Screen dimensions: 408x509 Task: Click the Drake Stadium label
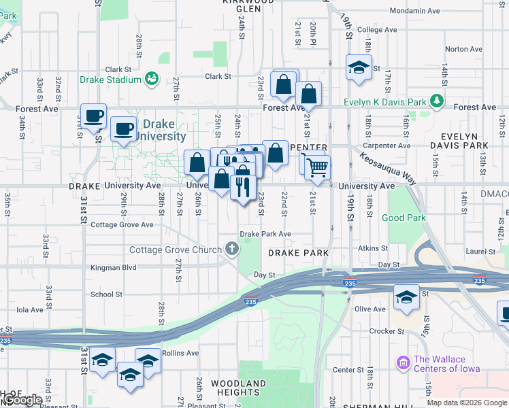coord(110,80)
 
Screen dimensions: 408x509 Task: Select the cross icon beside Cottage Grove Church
coord(232,250)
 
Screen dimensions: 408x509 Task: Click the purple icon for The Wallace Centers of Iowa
coord(402,360)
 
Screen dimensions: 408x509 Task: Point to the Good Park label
coord(404,218)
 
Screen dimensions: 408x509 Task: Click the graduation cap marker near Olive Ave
coord(406,297)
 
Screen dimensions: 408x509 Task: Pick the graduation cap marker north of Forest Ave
coord(358,67)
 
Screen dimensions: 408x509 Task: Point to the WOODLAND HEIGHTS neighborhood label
coord(238,388)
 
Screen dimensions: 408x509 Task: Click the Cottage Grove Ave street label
coord(122,225)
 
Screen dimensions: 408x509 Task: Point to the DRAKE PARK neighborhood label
coord(298,253)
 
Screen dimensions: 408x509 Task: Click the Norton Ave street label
coord(463,49)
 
